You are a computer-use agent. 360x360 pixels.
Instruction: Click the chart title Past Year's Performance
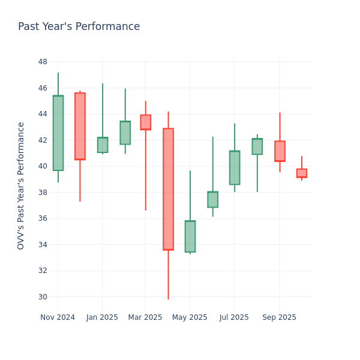click(x=79, y=27)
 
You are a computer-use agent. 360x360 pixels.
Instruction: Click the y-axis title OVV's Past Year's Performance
click(x=21, y=185)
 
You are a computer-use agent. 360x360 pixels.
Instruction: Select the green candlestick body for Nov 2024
click(x=58, y=133)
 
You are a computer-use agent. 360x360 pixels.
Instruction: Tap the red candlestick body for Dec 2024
click(x=80, y=126)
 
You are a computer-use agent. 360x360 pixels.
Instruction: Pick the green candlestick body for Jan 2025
click(x=103, y=145)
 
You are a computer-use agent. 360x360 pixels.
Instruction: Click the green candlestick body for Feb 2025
click(x=125, y=133)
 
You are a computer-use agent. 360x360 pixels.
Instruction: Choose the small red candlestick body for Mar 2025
click(x=146, y=122)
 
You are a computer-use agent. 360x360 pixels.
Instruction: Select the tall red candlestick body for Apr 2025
click(x=168, y=189)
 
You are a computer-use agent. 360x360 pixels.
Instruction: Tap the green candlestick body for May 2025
click(x=190, y=236)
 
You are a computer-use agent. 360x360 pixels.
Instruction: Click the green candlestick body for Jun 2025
click(x=212, y=199)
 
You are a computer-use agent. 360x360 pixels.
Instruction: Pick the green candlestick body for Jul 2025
click(x=235, y=167)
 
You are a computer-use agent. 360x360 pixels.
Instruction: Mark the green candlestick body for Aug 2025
click(x=257, y=146)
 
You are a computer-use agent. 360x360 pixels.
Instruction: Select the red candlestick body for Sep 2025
click(x=280, y=151)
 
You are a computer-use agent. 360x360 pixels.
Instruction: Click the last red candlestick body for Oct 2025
click(x=301, y=173)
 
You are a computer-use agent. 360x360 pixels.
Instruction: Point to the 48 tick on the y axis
click(x=43, y=62)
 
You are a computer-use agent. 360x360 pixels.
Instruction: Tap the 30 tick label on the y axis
click(x=43, y=296)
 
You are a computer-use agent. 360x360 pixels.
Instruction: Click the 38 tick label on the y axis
click(x=43, y=192)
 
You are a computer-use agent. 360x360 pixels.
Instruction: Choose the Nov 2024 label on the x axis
click(x=58, y=317)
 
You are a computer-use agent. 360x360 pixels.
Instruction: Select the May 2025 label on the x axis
click(x=190, y=317)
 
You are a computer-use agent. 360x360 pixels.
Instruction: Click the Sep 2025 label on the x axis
click(x=279, y=317)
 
